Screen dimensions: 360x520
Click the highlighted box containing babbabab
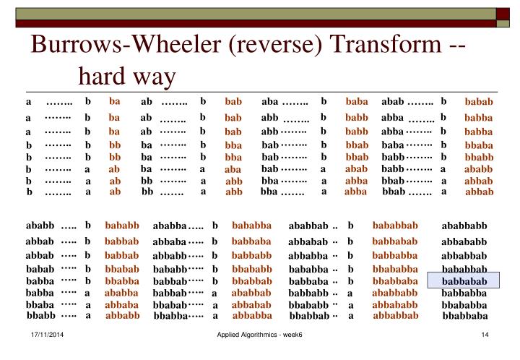[464, 281]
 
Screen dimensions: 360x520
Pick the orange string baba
[357, 101]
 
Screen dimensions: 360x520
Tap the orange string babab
[478, 101]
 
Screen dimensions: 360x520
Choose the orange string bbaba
[478, 145]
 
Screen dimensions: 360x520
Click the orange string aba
[233, 169]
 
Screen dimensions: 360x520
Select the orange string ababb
[478, 169]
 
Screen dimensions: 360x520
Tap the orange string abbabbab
[395, 315]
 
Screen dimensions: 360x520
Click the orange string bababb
[122, 226]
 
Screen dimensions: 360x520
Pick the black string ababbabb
[464, 227]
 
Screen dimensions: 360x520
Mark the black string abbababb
[464, 241]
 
